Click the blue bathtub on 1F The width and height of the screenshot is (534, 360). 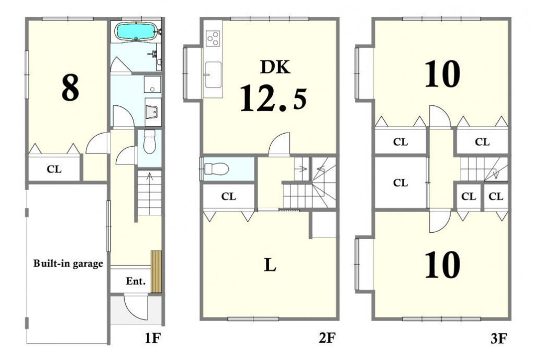[x=136, y=31]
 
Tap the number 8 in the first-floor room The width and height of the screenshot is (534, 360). [x=70, y=88]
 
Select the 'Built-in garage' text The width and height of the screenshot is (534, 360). [x=68, y=264]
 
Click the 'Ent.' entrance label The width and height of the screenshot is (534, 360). [x=136, y=281]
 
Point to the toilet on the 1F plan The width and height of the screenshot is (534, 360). [x=149, y=141]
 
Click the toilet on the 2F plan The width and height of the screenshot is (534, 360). [x=216, y=168]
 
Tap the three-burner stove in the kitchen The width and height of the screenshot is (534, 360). [x=213, y=38]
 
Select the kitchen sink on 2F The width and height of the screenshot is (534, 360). [x=213, y=74]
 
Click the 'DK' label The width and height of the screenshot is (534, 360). [x=275, y=67]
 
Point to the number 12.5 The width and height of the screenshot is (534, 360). [x=273, y=99]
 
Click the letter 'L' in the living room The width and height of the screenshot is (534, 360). [x=270, y=265]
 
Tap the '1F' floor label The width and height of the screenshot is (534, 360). [x=152, y=338]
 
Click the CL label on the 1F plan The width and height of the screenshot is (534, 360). [x=54, y=169]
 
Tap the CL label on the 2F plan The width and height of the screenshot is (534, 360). [x=228, y=197]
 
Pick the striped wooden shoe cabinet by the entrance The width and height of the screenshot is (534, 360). [x=156, y=272]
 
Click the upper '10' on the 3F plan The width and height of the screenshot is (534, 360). [x=442, y=74]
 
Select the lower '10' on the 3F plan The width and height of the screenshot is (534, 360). [x=442, y=265]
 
